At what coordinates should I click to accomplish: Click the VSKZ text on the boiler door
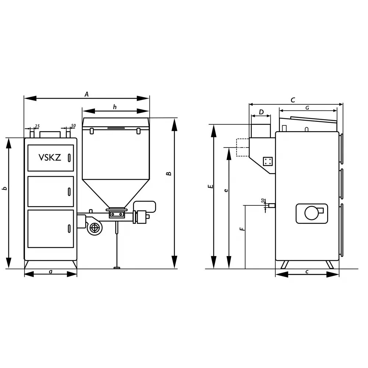(x=50, y=158)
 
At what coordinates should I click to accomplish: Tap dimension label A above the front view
(x=86, y=94)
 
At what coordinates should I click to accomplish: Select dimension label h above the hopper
(x=115, y=107)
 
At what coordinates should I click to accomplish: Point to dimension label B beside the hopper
(x=169, y=174)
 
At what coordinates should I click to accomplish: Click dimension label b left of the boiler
(x=5, y=188)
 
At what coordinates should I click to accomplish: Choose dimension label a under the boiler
(x=50, y=272)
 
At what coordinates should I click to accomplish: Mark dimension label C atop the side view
(x=293, y=100)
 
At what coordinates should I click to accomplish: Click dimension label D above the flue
(x=261, y=112)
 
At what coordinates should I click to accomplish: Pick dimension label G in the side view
(x=307, y=108)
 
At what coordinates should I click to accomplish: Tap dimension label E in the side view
(x=211, y=187)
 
